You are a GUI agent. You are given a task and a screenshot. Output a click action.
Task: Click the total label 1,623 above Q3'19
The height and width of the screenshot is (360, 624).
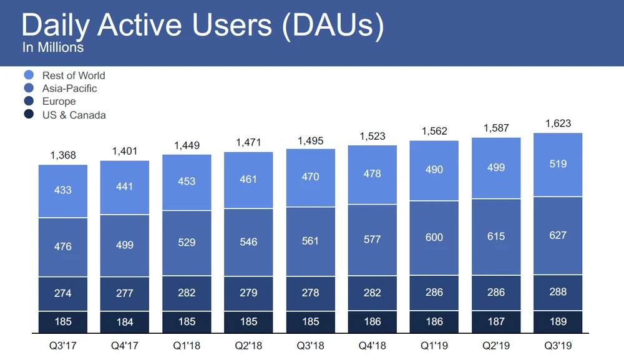[x=558, y=124]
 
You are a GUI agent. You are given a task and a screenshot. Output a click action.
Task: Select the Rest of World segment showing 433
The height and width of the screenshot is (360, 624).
[x=63, y=190]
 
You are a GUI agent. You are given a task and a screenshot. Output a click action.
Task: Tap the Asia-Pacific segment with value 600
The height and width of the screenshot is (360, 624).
[x=434, y=237]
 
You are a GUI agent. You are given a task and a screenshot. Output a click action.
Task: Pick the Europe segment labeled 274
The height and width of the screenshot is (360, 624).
[x=63, y=293]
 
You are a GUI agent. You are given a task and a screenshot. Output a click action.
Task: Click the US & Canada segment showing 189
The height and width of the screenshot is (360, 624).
[x=558, y=322]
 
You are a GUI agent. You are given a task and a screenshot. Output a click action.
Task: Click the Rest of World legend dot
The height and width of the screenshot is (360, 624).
[x=29, y=75]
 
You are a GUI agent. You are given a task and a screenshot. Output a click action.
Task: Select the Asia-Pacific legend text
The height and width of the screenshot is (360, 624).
[x=69, y=89]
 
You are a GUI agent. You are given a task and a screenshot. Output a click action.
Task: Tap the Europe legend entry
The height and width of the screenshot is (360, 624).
[x=59, y=102]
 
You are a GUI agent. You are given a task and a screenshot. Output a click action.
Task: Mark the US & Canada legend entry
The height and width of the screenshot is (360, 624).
[x=74, y=115]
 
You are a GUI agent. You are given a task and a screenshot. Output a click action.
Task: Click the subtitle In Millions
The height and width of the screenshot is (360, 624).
[x=53, y=47]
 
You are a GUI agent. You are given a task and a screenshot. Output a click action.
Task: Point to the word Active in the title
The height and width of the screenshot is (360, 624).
[x=149, y=24]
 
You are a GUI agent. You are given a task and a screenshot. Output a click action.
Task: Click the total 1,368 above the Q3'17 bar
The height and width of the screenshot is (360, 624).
[x=63, y=155]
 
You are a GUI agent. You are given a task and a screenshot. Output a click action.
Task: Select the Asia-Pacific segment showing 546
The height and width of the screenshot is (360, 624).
[x=248, y=241]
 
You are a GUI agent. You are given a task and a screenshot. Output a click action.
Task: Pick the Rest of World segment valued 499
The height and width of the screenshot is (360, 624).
[x=495, y=168]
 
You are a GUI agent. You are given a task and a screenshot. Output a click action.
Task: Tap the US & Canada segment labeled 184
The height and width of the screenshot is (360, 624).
[x=125, y=323]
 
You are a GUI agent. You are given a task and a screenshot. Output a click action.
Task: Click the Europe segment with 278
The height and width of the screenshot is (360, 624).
[x=310, y=293]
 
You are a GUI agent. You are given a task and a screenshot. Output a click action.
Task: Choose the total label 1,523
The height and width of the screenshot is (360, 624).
[x=372, y=136]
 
